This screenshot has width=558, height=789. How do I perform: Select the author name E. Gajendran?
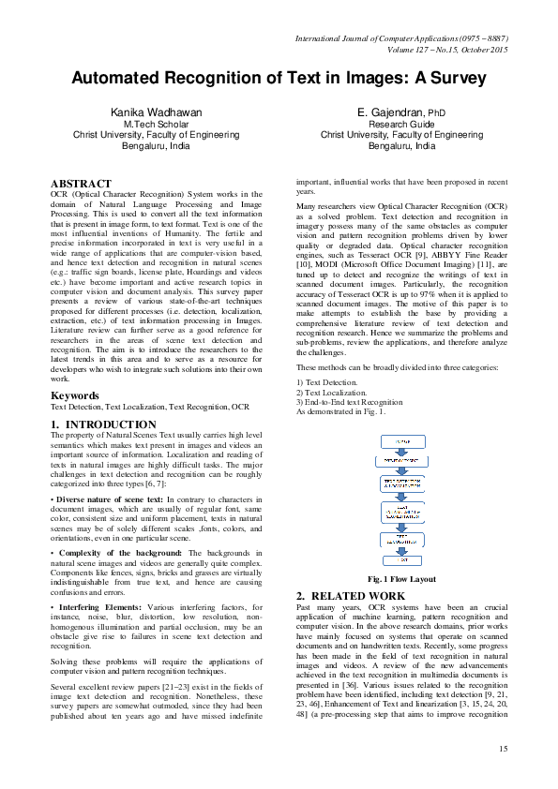coord(388,112)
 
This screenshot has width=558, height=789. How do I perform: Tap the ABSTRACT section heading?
coord(81,184)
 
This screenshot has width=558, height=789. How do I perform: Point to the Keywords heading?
coord(76,395)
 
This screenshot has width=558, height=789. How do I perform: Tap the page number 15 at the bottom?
coord(503,748)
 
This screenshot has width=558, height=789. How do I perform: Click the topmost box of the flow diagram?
coord(401,441)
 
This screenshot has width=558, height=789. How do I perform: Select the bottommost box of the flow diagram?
coord(401,559)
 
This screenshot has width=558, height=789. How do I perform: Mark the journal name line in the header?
coord(401,38)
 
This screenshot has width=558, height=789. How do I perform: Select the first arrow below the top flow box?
coord(401,451)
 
